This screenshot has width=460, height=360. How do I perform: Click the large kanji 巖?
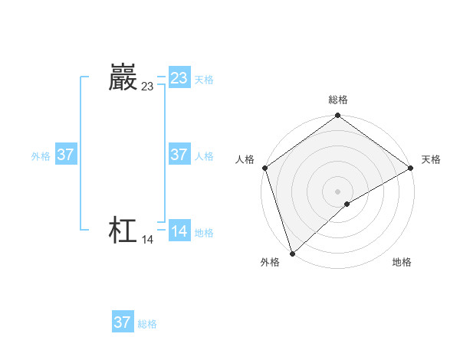(x=123, y=77)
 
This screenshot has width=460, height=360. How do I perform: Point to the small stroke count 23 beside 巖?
(x=147, y=87)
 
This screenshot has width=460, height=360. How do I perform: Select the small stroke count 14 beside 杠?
(x=147, y=240)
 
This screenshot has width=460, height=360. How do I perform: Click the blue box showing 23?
(x=179, y=78)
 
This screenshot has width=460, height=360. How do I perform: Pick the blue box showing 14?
(x=179, y=231)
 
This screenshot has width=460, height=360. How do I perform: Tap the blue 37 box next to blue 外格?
(x=65, y=155)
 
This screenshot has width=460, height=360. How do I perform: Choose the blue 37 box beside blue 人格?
(x=179, y=155)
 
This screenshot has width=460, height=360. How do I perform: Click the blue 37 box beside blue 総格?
(x=123, y=322)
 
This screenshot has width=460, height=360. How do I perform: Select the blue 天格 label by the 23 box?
(x=204, y=80)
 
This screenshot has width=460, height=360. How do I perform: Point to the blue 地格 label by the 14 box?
(x=204, y=233)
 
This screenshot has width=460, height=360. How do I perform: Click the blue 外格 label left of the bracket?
(x=41, y=156)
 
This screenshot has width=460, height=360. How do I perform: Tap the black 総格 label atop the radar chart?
(x=338, y=100)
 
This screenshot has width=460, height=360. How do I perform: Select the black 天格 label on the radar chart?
(x=431, y=159)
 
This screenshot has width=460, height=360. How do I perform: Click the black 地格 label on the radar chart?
(x=402, y=262)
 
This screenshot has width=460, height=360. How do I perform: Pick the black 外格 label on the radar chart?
(x=270, y=262)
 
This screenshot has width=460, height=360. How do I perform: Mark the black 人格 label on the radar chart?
(x=245, y=159)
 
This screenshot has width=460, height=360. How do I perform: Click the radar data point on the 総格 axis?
(x=338, y=116)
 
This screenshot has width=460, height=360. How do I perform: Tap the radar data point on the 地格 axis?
(x=347, y=204)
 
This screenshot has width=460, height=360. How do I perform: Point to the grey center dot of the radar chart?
(x=338, y=191)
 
